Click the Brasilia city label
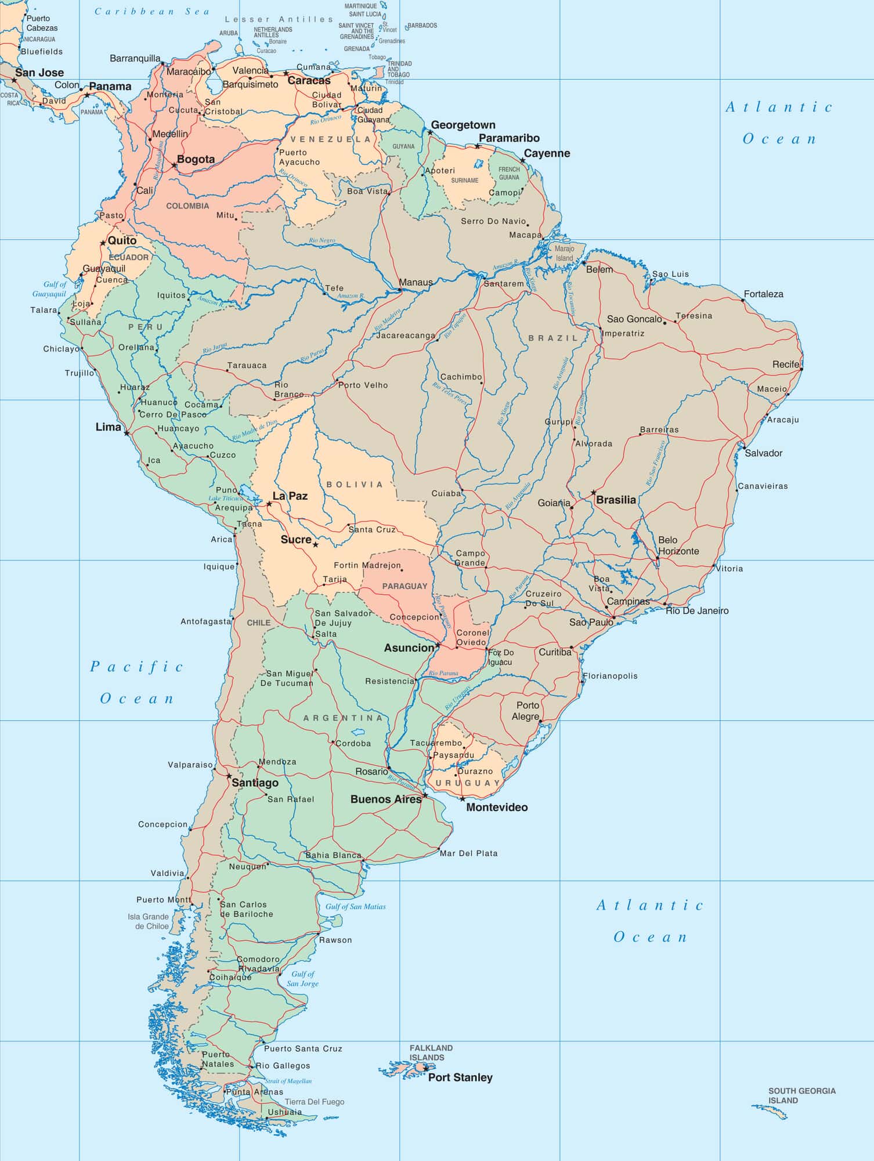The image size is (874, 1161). point(616,500)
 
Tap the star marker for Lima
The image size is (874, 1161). point(127,433)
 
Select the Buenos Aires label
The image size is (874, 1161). point(385,799)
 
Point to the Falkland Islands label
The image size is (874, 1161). point(431,1052)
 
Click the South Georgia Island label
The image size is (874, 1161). point(801,1095)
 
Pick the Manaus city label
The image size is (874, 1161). point(416,283)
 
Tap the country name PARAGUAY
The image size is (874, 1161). point(405,586)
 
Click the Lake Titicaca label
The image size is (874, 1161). point(226,499)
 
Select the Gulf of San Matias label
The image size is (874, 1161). point(355,907)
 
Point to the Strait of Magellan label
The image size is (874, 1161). point(288,1081)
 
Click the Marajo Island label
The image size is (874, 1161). point(564,254)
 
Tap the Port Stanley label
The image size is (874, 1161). point(460,1077)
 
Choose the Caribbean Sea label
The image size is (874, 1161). point(152,12)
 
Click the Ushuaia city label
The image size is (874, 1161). point(284,1112)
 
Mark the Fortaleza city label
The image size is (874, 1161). point(763,294)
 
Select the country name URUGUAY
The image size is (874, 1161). point(468,783)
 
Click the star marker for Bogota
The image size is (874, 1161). point(174,165)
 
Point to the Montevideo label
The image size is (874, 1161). point(497,807)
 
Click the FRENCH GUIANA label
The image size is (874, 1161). point(509,173)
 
